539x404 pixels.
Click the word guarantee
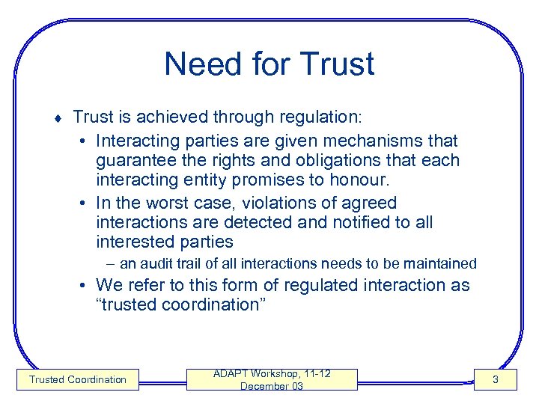point(138,161)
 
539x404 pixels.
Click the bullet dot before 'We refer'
point(86,285)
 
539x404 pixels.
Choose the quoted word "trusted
point(127,304)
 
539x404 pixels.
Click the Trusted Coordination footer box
point(78,379)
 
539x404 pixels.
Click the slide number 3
point(494,380)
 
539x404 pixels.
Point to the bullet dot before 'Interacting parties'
point(86,141)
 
